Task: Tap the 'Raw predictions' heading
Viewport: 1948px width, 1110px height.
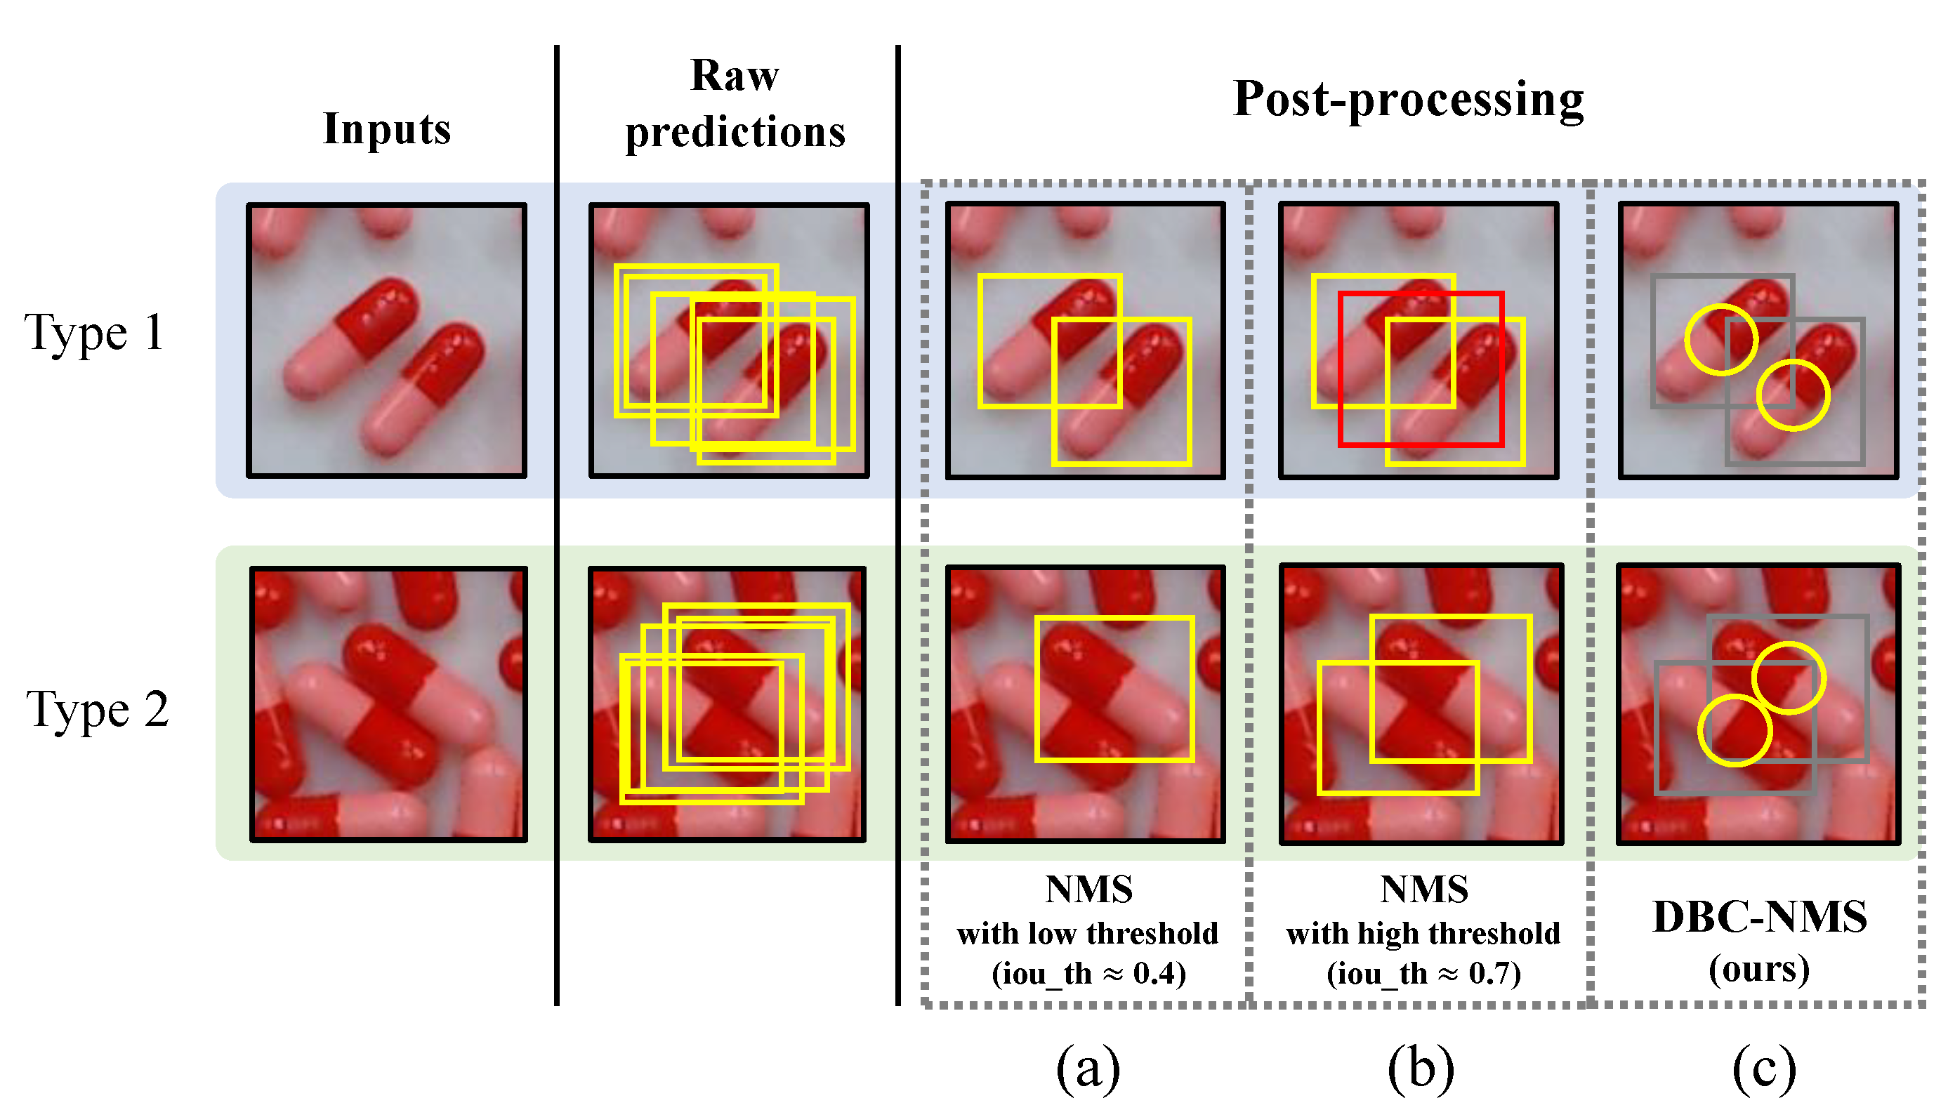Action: click(735, 104)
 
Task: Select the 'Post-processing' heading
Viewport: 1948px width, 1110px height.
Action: click(1408, 99)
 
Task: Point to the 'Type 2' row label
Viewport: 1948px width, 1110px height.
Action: click(97, 709)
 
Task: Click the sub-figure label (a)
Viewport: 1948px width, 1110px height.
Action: click(1088, 1067)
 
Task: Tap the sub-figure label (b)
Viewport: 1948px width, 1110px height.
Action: click(1421, 1067)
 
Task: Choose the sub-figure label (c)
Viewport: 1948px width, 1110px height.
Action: click(1763, 1067)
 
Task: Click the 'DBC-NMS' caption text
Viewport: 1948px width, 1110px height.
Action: click(1760, 917)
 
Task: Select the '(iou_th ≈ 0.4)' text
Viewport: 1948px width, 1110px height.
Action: click(1088, 974)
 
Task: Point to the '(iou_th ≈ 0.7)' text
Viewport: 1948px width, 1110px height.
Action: click(1423, 974)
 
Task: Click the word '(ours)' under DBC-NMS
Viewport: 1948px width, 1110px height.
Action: click(1759, 969)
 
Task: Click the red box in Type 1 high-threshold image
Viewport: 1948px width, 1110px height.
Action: click(1421, 293)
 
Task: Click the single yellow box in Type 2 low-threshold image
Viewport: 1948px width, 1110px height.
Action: click(1114, 619)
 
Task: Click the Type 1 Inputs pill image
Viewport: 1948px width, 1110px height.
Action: click(386, 340)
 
